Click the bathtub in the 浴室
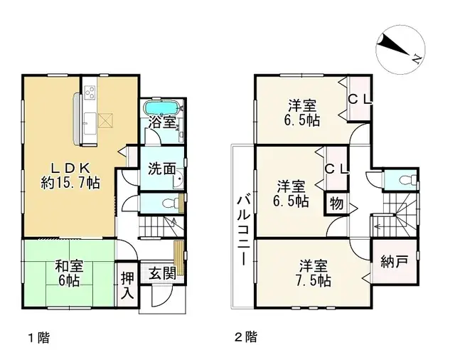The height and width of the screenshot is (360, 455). (x=161, y=107)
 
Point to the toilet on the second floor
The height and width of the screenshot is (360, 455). (x=406, y=178)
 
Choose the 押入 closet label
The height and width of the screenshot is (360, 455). (x=127, y=283)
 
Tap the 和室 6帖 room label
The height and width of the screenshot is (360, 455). (x=69, y=273)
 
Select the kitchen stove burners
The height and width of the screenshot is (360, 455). (x=90, y=92)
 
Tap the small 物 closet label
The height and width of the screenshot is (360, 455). (x=335, y=204)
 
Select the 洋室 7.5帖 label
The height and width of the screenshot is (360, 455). (x=313, y=274)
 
